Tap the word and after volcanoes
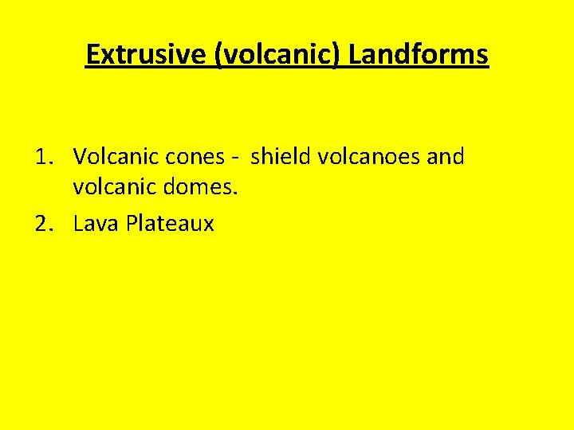pos(446,157)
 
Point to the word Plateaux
pos(168,224)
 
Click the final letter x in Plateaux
pos(209,226)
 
